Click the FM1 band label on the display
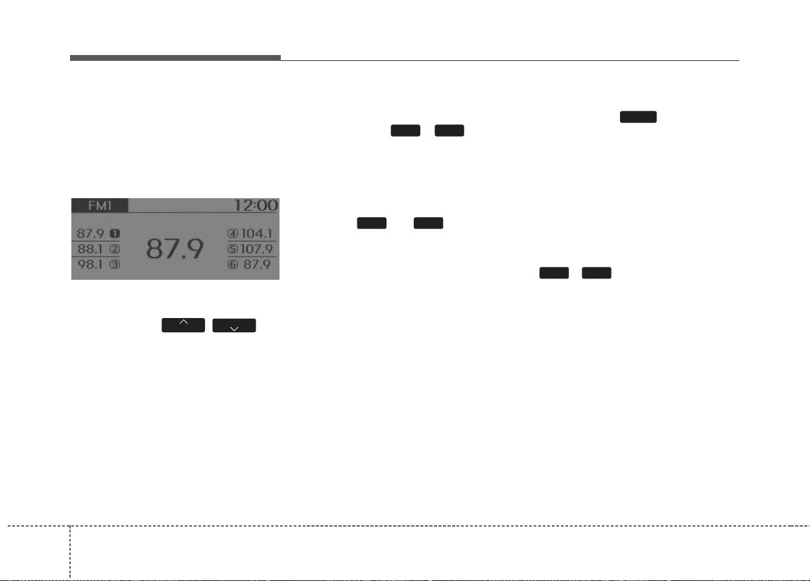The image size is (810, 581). point(100,205)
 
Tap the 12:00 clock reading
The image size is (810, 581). point(256,205)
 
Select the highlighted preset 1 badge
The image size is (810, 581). point(115,234)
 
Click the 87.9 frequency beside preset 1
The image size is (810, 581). point(90,234)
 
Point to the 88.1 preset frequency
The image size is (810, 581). point(90,249)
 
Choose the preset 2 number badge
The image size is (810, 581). point(115,249)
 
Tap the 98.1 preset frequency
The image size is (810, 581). point(90,265)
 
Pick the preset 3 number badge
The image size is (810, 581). point(115,265)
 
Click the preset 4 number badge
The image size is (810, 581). point(233,234)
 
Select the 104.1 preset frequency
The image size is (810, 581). point(256,234)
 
